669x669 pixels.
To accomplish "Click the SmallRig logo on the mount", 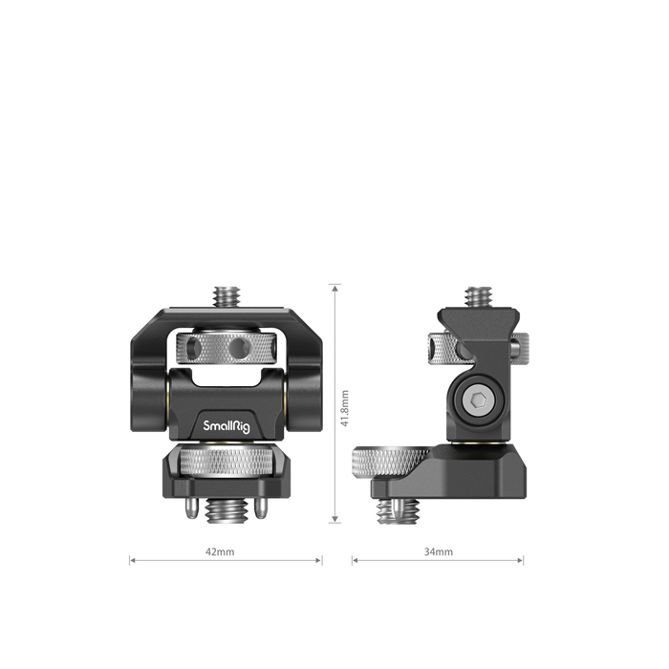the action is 227,426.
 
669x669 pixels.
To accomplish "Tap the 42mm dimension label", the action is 220,551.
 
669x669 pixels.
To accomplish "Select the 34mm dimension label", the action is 438,551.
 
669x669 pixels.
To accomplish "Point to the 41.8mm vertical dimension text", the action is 345,408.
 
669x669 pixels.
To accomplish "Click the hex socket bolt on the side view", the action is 479,400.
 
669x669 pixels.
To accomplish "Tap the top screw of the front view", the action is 227,296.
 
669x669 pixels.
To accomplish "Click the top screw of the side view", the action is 478,297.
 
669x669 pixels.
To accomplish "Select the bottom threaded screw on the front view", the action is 227,510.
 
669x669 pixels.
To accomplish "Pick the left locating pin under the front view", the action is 191,507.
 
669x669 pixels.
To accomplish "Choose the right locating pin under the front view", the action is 261,507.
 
